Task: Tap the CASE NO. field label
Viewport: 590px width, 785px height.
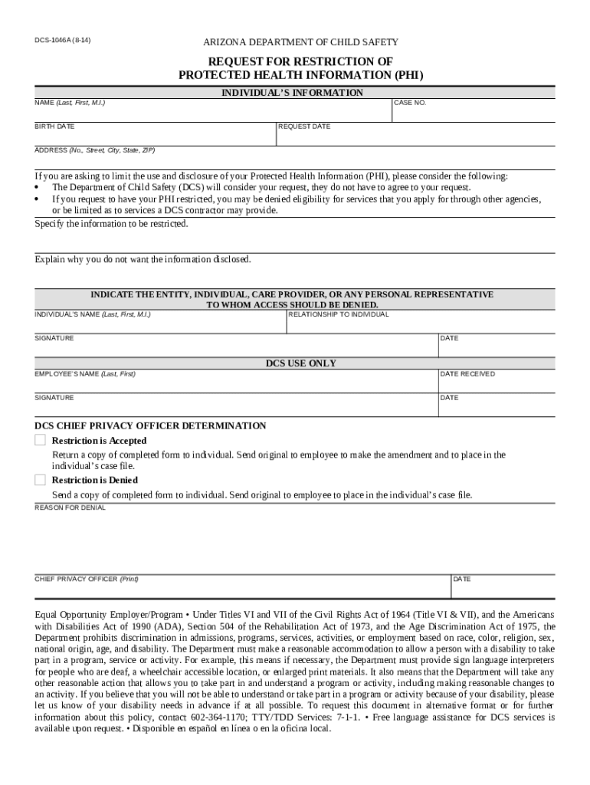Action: [410, 103]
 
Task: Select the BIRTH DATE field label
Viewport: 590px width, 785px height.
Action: [54, 126]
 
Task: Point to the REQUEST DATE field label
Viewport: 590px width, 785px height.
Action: [304, 126]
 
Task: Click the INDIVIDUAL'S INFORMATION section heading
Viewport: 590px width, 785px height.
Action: [293, 93]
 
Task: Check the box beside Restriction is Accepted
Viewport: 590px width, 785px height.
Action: [40, 440]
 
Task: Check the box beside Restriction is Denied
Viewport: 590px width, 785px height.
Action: [40, 480]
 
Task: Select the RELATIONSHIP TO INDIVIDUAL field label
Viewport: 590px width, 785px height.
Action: [339, 314]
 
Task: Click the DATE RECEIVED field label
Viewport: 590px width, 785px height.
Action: [467, 374]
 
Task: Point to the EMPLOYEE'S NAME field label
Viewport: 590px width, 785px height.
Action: [85, 374]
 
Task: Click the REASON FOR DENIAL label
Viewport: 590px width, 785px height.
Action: [70, 507]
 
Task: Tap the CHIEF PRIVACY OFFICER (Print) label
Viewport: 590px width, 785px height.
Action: [87, 579]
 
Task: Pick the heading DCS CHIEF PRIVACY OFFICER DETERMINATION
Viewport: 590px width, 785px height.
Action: [150, 425]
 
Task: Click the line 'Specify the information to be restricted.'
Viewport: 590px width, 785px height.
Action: [111, 224]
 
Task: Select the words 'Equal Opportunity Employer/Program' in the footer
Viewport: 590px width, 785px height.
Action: [109, 615]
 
